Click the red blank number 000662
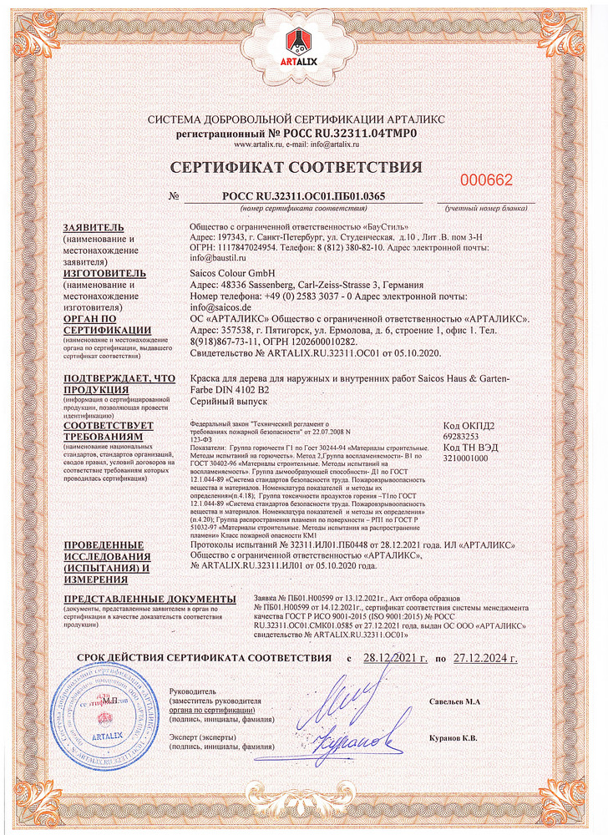pyautogui.click(x=487, y=180)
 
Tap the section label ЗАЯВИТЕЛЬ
pyautogui.click(x=94, y=228)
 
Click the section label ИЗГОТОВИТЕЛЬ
pyautogui.click(x=104, y=273)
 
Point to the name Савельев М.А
pyautogui.click(x=455, y=699)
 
